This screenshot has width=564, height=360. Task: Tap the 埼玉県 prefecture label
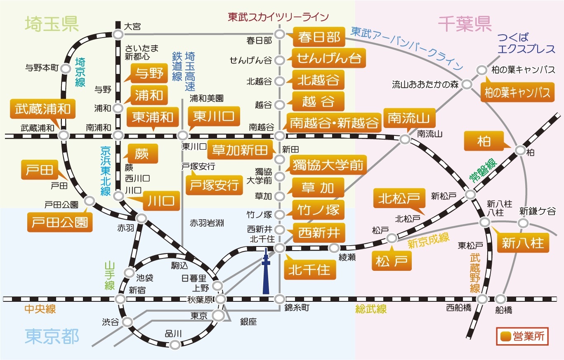[52, 24]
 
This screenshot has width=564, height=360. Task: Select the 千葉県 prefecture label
[465, 24]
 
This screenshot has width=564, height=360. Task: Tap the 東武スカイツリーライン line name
[278, 17]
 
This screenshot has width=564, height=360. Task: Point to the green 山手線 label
[109, 275]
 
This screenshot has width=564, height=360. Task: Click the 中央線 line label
[40, 309]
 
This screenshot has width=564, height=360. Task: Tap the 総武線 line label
[371, 309]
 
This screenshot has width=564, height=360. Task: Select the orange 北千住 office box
[309, 270]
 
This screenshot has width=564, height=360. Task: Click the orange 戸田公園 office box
[60, 222]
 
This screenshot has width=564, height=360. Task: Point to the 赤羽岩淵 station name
[207, 223]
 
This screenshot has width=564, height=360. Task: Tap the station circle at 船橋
[500, 299]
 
